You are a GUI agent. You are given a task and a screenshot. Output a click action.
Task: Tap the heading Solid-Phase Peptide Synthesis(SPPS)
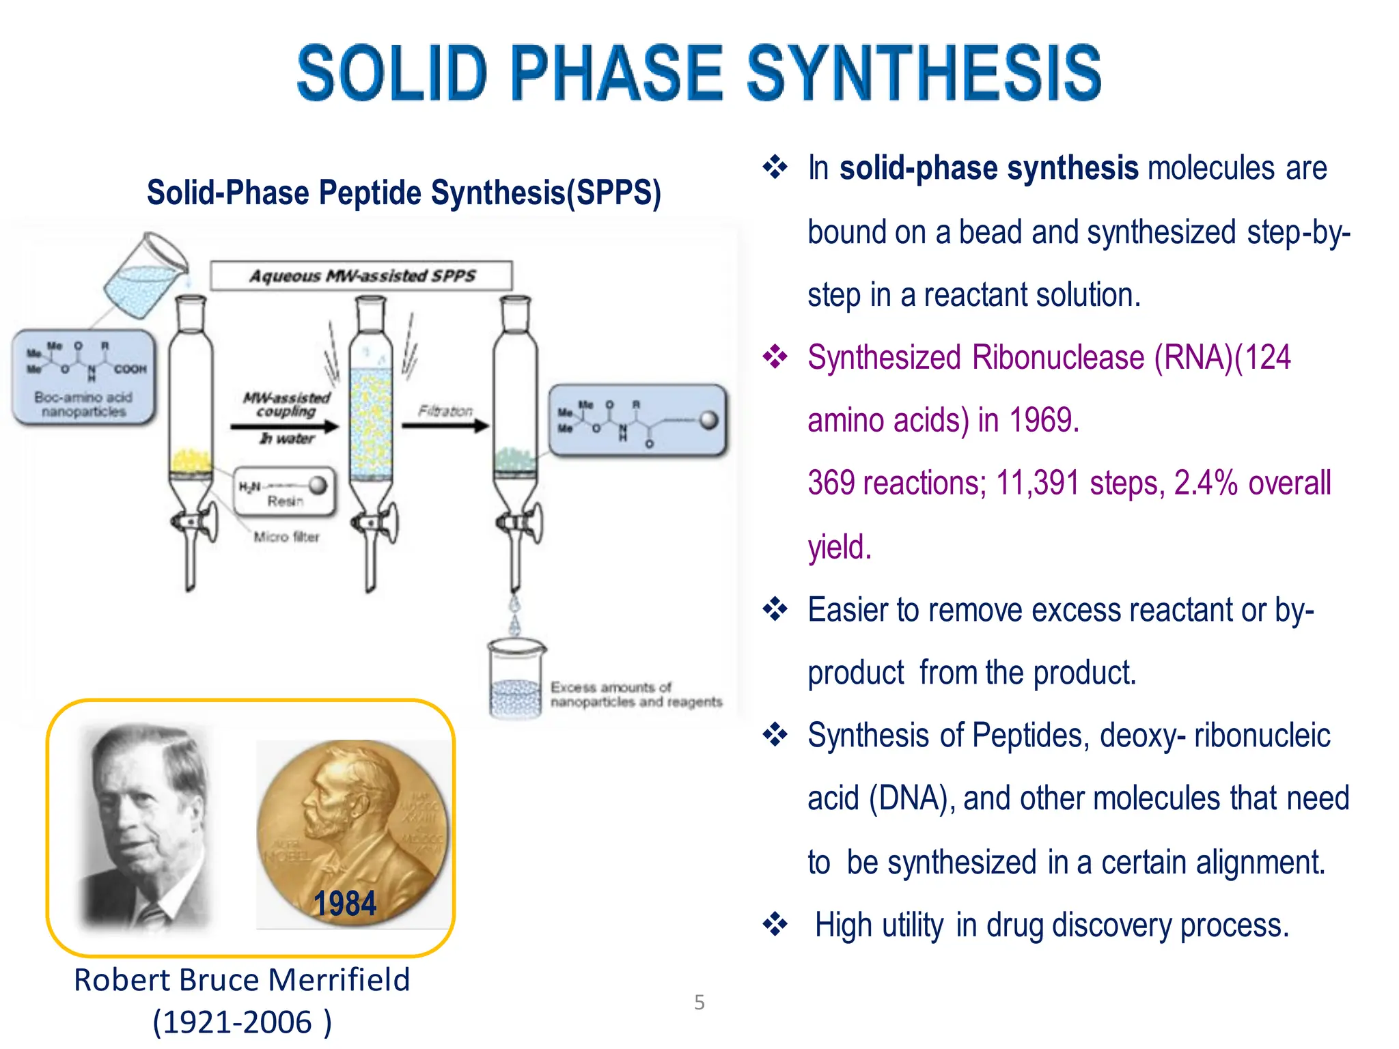tap(404, 193)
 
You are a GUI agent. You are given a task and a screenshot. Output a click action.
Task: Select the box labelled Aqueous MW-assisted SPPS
tap(361, 275)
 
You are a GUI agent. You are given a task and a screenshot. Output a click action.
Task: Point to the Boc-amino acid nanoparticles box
tap(83, 378)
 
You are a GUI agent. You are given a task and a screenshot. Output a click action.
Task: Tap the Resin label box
tap(284, 492)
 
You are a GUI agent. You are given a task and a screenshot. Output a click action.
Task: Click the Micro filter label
tap(286, 537)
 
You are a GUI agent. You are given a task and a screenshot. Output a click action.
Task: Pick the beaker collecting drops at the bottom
tap(516, 680)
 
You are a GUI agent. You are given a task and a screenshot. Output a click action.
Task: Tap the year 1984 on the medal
tap(344, 904)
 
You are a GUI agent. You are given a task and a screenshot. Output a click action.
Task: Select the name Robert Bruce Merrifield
tap(242, 979)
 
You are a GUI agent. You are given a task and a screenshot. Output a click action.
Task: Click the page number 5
tap(699, 1002)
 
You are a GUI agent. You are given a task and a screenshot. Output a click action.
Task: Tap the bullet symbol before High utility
tap(775, 925)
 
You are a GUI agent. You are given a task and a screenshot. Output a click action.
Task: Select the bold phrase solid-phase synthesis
tap(988, 168)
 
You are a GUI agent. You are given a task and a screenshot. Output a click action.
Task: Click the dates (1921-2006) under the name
tap(242, 1022)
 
